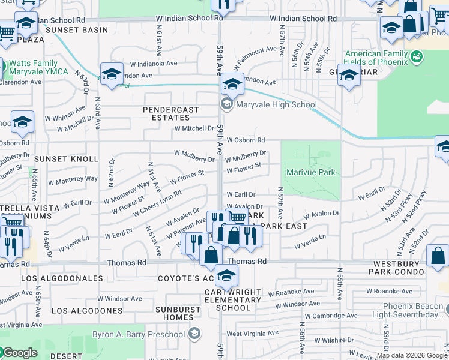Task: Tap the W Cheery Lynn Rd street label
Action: [157, 205]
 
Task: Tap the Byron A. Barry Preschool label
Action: [139, 334]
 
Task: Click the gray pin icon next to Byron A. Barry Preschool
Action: [194, 334]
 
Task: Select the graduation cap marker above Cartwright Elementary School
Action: [226, 275]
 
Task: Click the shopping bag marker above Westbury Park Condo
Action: [438, 255]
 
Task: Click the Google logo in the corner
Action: [19, 353]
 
